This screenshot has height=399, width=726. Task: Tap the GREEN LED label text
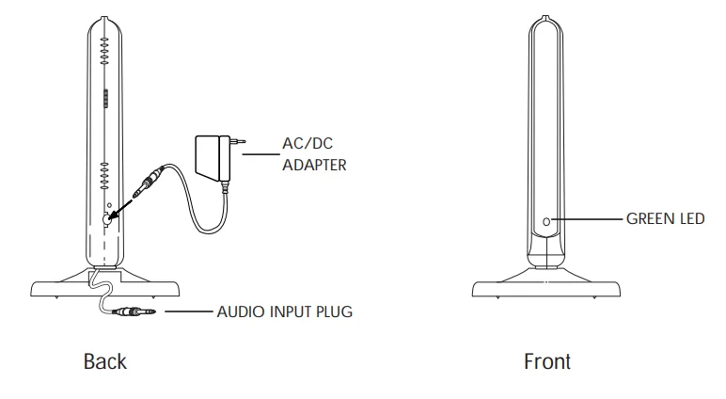(665, 220)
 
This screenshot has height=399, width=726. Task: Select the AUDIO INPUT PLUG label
(284, 311)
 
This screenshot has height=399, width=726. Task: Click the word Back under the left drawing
(104, 361)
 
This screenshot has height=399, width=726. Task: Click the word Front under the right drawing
(547, 361)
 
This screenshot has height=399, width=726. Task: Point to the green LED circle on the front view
(547, 223)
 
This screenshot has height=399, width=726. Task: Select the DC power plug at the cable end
(151, 181)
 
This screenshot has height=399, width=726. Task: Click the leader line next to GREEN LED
(587, 220)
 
